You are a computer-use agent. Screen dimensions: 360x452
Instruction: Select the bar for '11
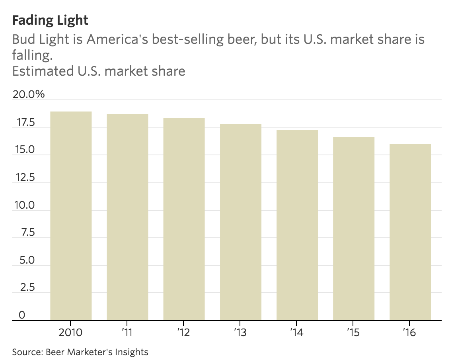(x=127, y=217)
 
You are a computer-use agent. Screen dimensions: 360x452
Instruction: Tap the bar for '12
(x=184, y=219)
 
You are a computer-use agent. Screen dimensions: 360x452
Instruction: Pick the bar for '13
(x=240, y=222)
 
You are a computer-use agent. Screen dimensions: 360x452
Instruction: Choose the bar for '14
(x=297, y=225)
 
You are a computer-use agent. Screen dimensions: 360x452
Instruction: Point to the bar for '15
(x=353, y=229)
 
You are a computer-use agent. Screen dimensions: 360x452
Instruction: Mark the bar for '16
(x=410, y=232)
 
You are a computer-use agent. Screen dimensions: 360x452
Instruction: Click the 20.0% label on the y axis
(x=29, y=95)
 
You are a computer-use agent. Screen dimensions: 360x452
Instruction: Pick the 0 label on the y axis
(x=22, y=315)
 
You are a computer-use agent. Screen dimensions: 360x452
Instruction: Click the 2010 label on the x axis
(x=71, y=332)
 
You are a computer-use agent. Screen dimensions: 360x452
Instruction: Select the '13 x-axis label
(x=240, y=332)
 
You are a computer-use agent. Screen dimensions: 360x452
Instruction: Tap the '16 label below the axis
(x=410, y=332)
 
